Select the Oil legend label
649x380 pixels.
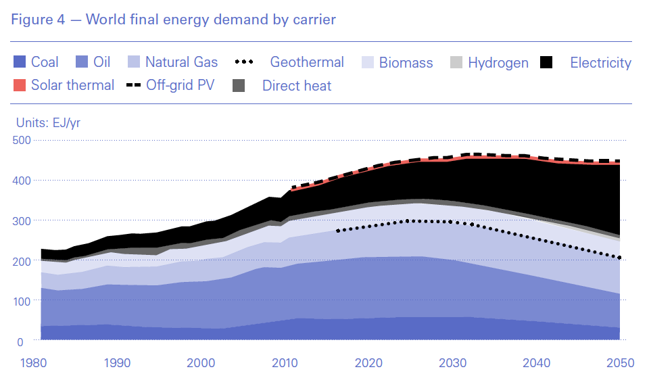point(102,63)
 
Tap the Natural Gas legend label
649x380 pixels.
point(181,63)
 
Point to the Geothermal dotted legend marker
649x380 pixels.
point(243,63)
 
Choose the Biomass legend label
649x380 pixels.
point(406,63)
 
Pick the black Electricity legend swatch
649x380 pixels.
point(547,63)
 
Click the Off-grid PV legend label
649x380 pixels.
point(181,86)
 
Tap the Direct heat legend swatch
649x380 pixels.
point(239,86)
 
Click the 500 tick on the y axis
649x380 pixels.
point(22,140)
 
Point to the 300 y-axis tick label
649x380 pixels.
point(22,220)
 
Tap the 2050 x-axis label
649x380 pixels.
point(619,363)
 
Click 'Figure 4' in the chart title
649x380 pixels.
point(37,20)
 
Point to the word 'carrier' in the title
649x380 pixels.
point(312,20)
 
